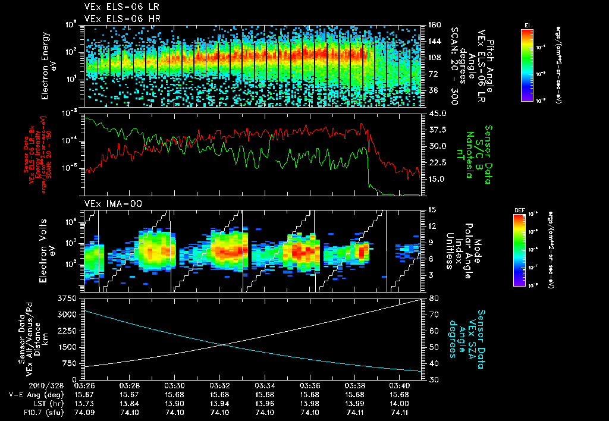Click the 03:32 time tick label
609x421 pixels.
[220, 385]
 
